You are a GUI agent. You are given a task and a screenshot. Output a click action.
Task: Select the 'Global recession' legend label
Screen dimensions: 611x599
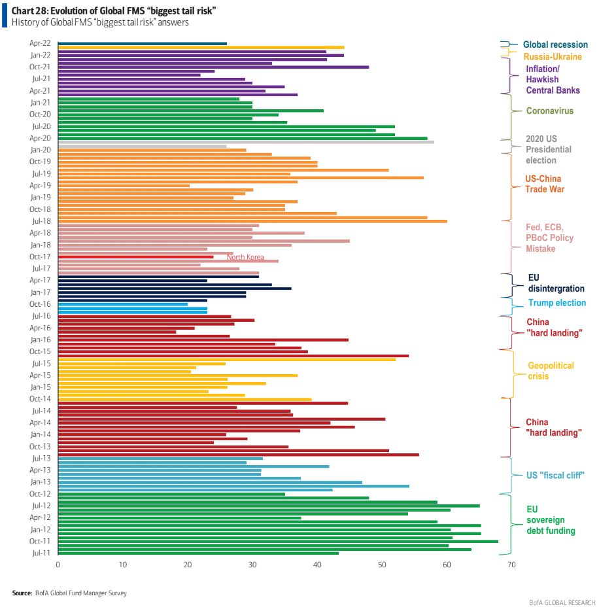pos(555,44)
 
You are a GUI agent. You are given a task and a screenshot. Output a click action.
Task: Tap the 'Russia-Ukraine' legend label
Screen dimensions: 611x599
pos(553,57)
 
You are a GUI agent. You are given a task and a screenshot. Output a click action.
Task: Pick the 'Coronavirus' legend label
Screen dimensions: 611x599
pos(550,111)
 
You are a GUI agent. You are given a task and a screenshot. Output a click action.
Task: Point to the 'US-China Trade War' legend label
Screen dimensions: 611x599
pos(543,184)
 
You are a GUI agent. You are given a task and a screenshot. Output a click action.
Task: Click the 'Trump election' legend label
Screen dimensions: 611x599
pos(556,303)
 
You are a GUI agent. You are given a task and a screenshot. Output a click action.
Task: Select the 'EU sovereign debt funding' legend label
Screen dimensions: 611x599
pos(551,520)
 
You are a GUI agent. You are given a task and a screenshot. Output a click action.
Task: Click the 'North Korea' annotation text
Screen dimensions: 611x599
pos(245,257)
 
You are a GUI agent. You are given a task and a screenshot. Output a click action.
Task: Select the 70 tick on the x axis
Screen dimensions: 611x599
pos(511,565)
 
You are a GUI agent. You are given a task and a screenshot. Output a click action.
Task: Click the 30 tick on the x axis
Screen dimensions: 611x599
pos(252,565)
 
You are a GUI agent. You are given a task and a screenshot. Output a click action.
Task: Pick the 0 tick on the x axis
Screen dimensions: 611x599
pos(58,565)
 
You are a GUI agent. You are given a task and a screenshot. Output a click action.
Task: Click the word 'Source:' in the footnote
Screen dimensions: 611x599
pos(22,593)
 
